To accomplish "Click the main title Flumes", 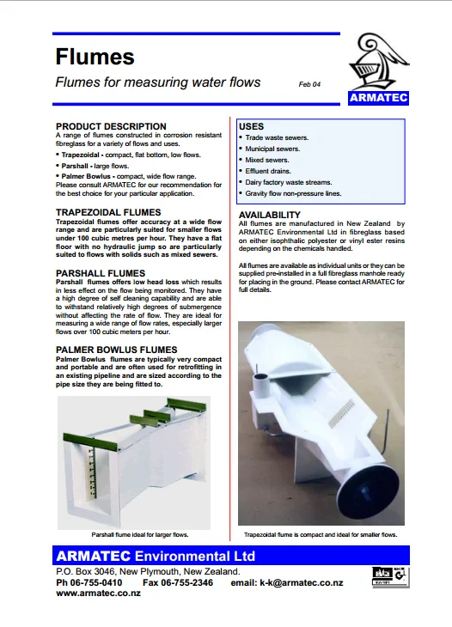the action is point(95,57).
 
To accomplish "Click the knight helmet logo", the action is point(378,60).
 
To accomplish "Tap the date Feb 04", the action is point(309,84).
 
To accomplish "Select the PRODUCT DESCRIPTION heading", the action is point(111,126).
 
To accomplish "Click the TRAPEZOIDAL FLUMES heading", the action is point(107,211).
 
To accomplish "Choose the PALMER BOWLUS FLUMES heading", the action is point(116,350).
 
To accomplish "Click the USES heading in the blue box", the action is point(251,126).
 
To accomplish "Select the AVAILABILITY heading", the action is point(270,214).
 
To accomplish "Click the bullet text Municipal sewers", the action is point(274,149).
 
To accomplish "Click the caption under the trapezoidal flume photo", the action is point(321,534).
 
